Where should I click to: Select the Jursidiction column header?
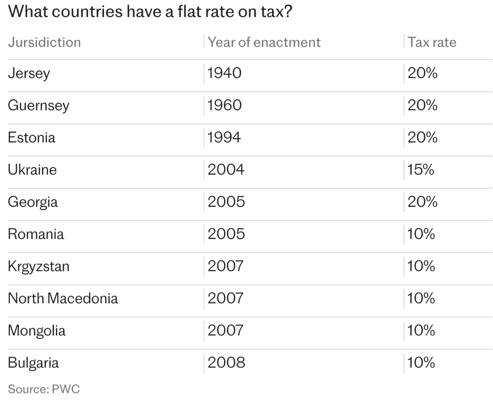[44, 42]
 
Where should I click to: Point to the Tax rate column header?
[431, 42]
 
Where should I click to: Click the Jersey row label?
[29, 74]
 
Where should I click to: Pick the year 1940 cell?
[224, 74]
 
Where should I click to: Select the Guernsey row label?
[38, 106]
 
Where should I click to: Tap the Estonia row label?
[32, 138]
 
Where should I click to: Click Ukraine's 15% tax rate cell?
[420, 170]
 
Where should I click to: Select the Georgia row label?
[33, 202]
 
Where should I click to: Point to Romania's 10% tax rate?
[421, 235]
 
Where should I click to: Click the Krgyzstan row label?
[39, 267]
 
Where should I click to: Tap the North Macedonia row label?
[63, 299]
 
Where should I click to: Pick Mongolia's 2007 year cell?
[225, 331]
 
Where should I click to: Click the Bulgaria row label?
[33, 363]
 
